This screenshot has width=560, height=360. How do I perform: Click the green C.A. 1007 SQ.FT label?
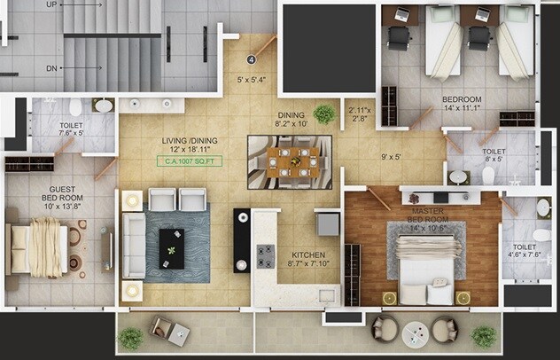pyautogui.click(x=190, y=161)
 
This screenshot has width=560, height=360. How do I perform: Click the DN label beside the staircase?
pyautogui.click(x=51, y=67)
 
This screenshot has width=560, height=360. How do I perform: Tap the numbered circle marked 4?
pyautogui.click(x=251, y=60)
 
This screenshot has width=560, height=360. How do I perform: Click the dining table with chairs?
pyautogui.click(x=292, y=162)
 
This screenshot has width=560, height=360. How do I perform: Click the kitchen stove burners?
pyautogui.click(x=264, y=256)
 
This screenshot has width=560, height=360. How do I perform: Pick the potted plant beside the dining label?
pyautogui.click(x=325, y=113)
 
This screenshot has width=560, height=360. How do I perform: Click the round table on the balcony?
pyautogui.click(x=415, y=333)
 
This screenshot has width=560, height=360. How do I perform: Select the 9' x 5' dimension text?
pyautogui.click(x=391, y=159)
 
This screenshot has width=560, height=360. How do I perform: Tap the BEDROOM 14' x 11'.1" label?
pyautogui.click(x=462, y=103)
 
